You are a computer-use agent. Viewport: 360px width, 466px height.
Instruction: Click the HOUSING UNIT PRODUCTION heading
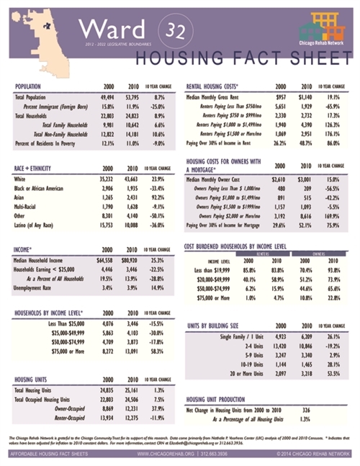click(220, 398)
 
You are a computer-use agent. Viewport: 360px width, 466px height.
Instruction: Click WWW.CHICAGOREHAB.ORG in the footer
click(160, 454)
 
